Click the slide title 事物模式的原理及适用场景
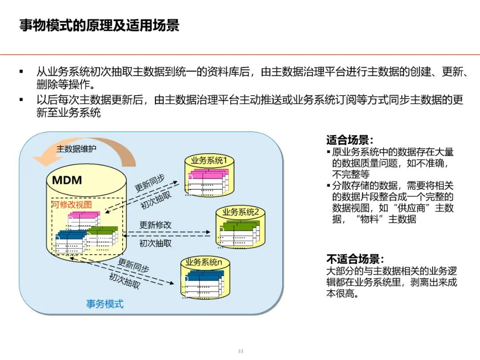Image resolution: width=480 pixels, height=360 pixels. coord(99,25)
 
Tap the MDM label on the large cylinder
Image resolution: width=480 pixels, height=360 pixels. coord(67,180)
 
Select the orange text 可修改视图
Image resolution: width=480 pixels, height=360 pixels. coord(72,205)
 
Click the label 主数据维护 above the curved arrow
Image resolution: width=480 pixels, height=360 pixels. coord(76,149)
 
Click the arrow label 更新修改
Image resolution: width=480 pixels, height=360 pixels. coord(155,225)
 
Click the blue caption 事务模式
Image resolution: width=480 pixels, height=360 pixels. coord(105,304)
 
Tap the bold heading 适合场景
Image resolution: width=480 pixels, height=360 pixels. coord(350,140)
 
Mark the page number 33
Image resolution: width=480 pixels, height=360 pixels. coord(240,351)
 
